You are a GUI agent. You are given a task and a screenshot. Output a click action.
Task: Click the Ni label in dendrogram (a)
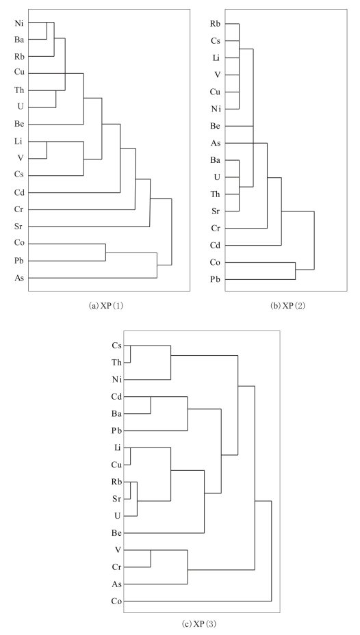point(19,23)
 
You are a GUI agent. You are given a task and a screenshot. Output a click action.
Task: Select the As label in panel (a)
point(19,278)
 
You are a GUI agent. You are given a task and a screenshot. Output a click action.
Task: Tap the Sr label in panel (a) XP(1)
point(18,226)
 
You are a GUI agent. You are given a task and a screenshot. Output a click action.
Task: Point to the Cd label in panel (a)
point(19,193)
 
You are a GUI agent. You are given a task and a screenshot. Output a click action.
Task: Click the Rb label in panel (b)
point(215,23)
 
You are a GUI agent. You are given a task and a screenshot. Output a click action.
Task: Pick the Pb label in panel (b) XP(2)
point(215,279)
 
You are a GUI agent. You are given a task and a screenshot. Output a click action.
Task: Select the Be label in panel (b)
point(215,126)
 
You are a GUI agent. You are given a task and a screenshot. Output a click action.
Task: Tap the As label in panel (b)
point(215,143)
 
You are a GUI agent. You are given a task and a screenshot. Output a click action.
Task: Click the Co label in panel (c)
point(116,601)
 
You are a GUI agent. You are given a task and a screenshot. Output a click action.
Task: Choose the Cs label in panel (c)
point(116,346)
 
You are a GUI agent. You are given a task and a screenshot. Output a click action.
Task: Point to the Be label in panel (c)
point(116,533)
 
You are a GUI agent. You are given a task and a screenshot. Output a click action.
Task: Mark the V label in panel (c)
point(118,550)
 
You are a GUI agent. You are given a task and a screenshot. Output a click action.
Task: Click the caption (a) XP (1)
point(105,306)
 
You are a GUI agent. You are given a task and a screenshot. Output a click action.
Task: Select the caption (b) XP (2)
point(288,306)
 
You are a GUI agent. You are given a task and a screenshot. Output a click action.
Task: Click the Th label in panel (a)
point(19,90)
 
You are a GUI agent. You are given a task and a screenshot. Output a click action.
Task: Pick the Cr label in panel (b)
point(215,229)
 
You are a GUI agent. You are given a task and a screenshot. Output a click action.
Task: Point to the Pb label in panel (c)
point(116,431)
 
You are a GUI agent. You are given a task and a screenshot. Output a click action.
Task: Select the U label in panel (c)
point(118,516)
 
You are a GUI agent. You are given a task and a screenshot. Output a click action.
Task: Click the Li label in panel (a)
point(18,142)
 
